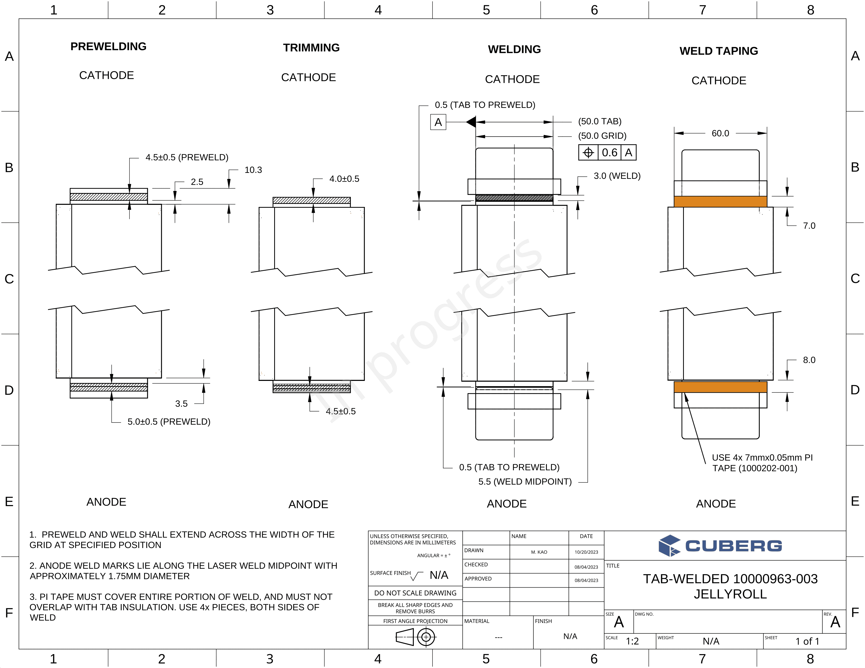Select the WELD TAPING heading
pyautogui.click(x=718, y=51)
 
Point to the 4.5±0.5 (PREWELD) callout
pyautogui.click(x=187, y=157)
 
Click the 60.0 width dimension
pyautogui.click(x=720, y=133)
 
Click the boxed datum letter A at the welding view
pyautogui.click(x=438, y=122)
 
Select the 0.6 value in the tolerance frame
pyautogui.click(x=609, y=152)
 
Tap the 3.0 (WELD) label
pyautogui.click(x=617, y=176)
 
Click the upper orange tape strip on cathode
pyautogui.click(x=720, y=201)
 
